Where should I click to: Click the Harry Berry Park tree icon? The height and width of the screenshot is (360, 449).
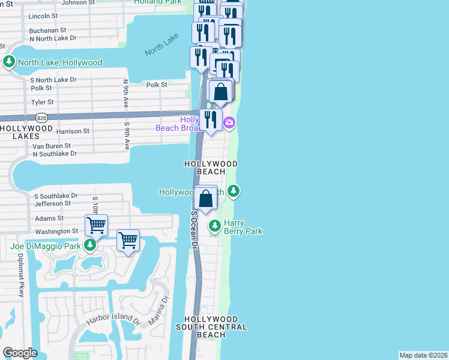[215, 226]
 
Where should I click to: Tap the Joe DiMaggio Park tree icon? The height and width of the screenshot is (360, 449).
[90, 245]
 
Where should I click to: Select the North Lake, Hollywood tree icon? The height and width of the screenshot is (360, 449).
[9, 62]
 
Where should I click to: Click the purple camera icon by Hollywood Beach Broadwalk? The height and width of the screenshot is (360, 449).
[229, 123]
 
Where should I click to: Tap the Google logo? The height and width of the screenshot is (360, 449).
[20, 353]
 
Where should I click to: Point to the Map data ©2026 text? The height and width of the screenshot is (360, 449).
[423, 355]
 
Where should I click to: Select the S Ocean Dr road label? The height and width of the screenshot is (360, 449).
[194, 230]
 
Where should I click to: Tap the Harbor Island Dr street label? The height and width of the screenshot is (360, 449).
[112, 322]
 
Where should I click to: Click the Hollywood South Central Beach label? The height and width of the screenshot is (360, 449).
[211, 327]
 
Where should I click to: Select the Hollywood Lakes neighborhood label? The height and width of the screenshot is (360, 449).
[26, 132]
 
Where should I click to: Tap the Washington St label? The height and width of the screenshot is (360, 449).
[56, 231]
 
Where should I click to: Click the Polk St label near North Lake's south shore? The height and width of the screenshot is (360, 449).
[157, 85]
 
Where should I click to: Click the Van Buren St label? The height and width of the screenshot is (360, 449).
[51, 146]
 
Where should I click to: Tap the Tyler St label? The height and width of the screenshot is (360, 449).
[43, 103]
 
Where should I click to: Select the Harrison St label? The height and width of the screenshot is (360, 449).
[73, 131]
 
